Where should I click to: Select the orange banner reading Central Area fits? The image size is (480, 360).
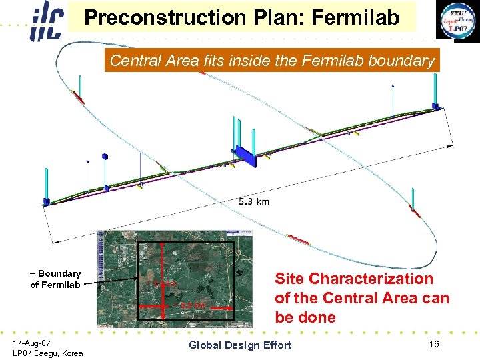click(x=271, y=61)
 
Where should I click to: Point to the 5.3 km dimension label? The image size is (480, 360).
click(x=253, y=201)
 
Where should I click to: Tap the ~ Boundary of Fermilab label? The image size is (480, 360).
click(x=55, y=279)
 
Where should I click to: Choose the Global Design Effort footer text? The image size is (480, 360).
click(x=240, y=345)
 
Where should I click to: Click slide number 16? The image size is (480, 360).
click(x=434, y=344)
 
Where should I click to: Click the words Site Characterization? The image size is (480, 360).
click(x=353, y=279)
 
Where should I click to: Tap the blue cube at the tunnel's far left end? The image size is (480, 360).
click(x=46, y=201)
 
